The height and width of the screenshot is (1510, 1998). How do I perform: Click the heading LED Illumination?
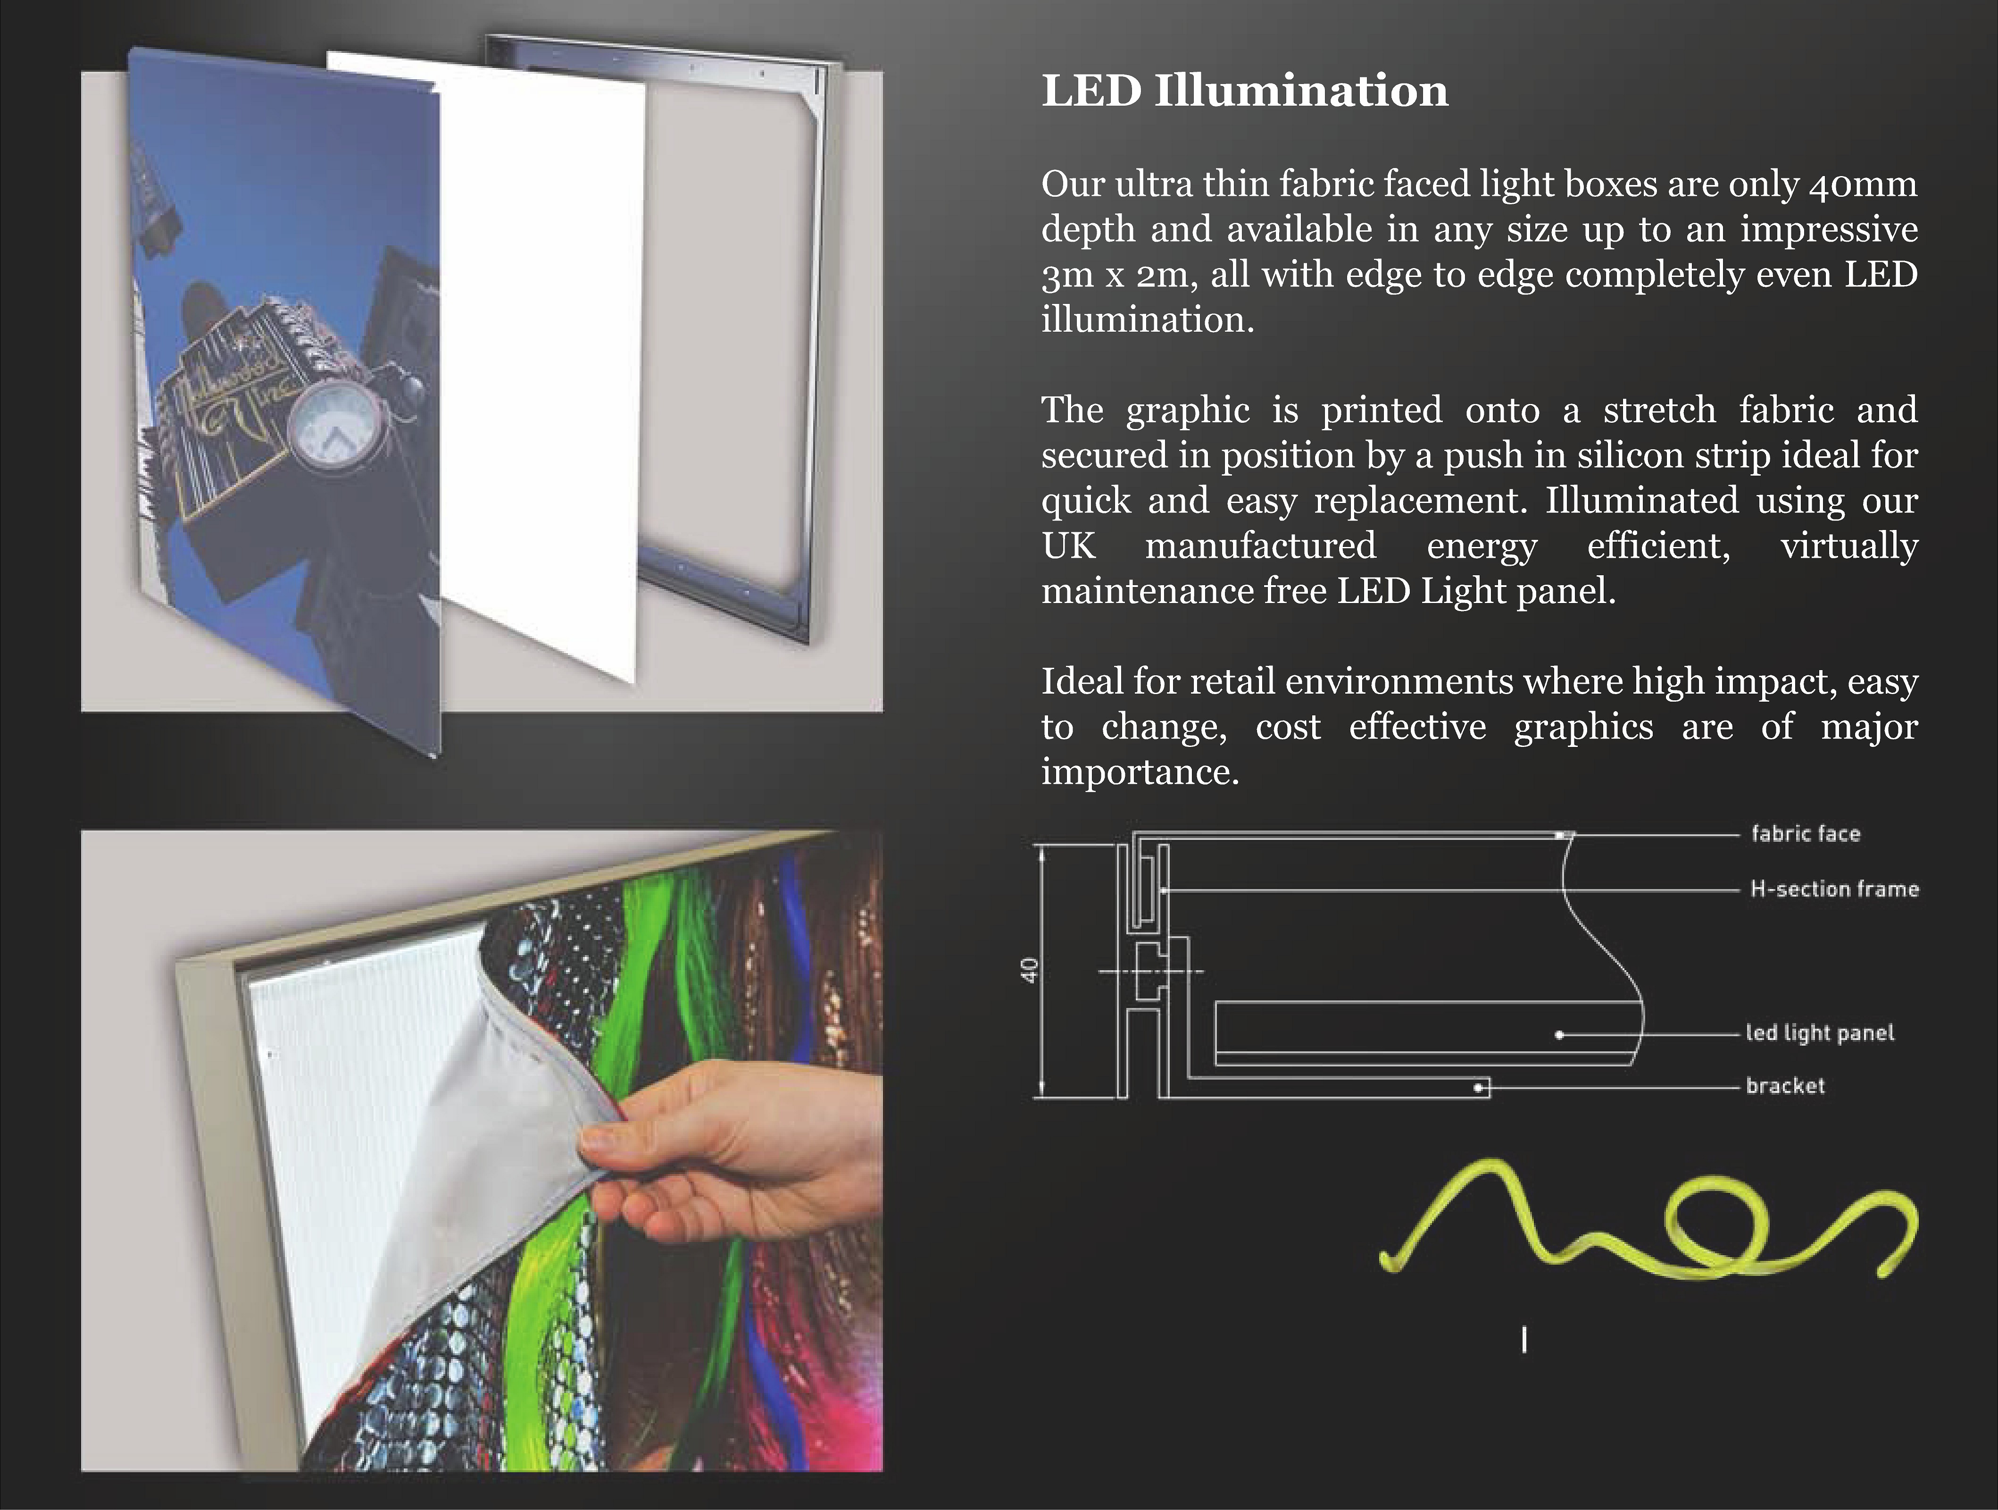[x=1245, y=91]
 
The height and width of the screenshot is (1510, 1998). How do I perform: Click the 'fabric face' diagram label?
[x=1806, y=833]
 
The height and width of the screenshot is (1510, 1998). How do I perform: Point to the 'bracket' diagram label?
[x=1785, y=1085]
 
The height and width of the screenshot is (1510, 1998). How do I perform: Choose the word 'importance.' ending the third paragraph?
[x=1140, y=772]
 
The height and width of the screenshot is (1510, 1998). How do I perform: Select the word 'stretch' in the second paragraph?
[x=1659, y=410]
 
